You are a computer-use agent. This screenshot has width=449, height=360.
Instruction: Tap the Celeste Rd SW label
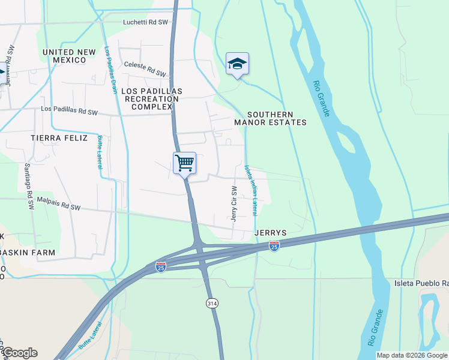(145, 68)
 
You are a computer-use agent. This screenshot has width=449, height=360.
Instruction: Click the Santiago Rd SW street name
(29, 185)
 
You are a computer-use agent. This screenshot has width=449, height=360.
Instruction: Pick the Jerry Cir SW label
(234, 204)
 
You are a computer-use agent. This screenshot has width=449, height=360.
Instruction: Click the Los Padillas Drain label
(111, 70)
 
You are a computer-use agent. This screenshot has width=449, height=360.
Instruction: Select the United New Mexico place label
(69, 57)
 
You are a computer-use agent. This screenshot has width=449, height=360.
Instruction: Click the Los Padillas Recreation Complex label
(151, 98)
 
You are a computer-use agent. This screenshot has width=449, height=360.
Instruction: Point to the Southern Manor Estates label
(270, 118)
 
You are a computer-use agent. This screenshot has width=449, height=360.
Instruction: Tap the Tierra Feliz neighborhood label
(59, 138)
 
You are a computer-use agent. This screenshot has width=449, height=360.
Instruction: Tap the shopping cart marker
(185, 162)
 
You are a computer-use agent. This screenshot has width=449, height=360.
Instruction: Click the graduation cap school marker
(237, 64)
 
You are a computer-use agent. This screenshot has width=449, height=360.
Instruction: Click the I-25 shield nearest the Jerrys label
(274, 246)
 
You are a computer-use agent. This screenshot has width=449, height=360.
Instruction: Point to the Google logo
(20, 353)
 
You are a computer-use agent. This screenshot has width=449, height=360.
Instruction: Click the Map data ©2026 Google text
(412, 355)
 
